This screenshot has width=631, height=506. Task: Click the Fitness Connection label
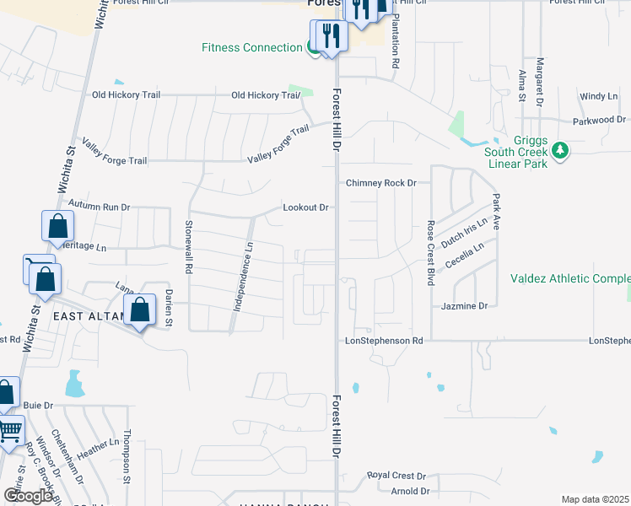[251, 47]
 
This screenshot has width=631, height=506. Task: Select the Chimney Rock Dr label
[382, 183]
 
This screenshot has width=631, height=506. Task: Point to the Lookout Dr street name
[305, 207]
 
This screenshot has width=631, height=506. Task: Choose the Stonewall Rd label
[189, 245]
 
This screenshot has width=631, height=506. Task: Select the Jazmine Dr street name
[465, 306]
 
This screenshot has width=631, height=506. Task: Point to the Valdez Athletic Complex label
[570, 278]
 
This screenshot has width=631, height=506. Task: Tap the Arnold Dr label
[410, 491]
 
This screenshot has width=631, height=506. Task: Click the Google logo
[29, 496]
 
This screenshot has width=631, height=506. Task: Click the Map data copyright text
[595, 499]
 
